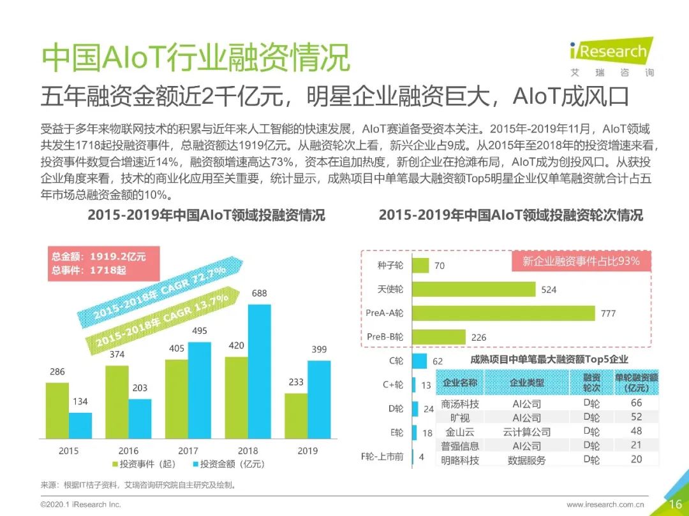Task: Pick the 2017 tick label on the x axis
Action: point(188,451)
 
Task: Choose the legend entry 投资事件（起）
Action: point(144,464)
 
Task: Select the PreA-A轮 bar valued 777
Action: point(504,313)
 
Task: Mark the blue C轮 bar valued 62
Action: point(420,361)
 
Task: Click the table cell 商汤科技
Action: point(460,404)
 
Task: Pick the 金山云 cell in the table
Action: point(460,432)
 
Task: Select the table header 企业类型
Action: point(527,382)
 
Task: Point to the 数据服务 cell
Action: point(527,460)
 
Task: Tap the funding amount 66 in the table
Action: point(636,403)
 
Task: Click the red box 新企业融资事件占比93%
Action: point(581,261)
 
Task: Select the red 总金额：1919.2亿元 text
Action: point(99,257)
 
